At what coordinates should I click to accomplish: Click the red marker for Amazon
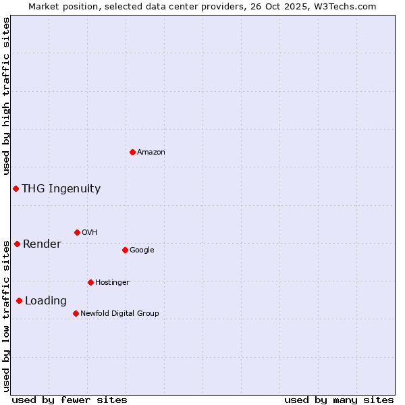click(x=132, y=152)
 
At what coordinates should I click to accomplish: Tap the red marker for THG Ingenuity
click(x=16, y=188)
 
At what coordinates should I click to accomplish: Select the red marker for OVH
click(x=77, y=232)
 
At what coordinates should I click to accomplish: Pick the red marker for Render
click(x=17, y=244)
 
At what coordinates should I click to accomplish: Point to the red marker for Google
click(x=125, y=250)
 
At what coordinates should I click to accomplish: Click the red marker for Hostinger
click(x=90, y=282)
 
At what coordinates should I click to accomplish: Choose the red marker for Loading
click(x=19, y=300)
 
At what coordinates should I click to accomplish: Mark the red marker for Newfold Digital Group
click(x=76, y=313)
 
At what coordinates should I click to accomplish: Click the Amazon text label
click(x=151, y=153)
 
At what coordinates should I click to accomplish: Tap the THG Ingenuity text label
click(x=61, y=189)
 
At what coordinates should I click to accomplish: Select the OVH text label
click(x=90, y=233)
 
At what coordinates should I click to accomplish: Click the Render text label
click(x=42, y=244)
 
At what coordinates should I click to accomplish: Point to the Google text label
click(x=142, y=250)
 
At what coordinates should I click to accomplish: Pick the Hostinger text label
click(x=112, y=283)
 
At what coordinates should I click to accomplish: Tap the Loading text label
click(x=46, y=301)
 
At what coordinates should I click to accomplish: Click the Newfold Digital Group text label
click(x=119, y=314)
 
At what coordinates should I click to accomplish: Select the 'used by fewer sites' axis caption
click(x=70, y=400)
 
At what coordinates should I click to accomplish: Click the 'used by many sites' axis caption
click(x=339, y=400)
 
